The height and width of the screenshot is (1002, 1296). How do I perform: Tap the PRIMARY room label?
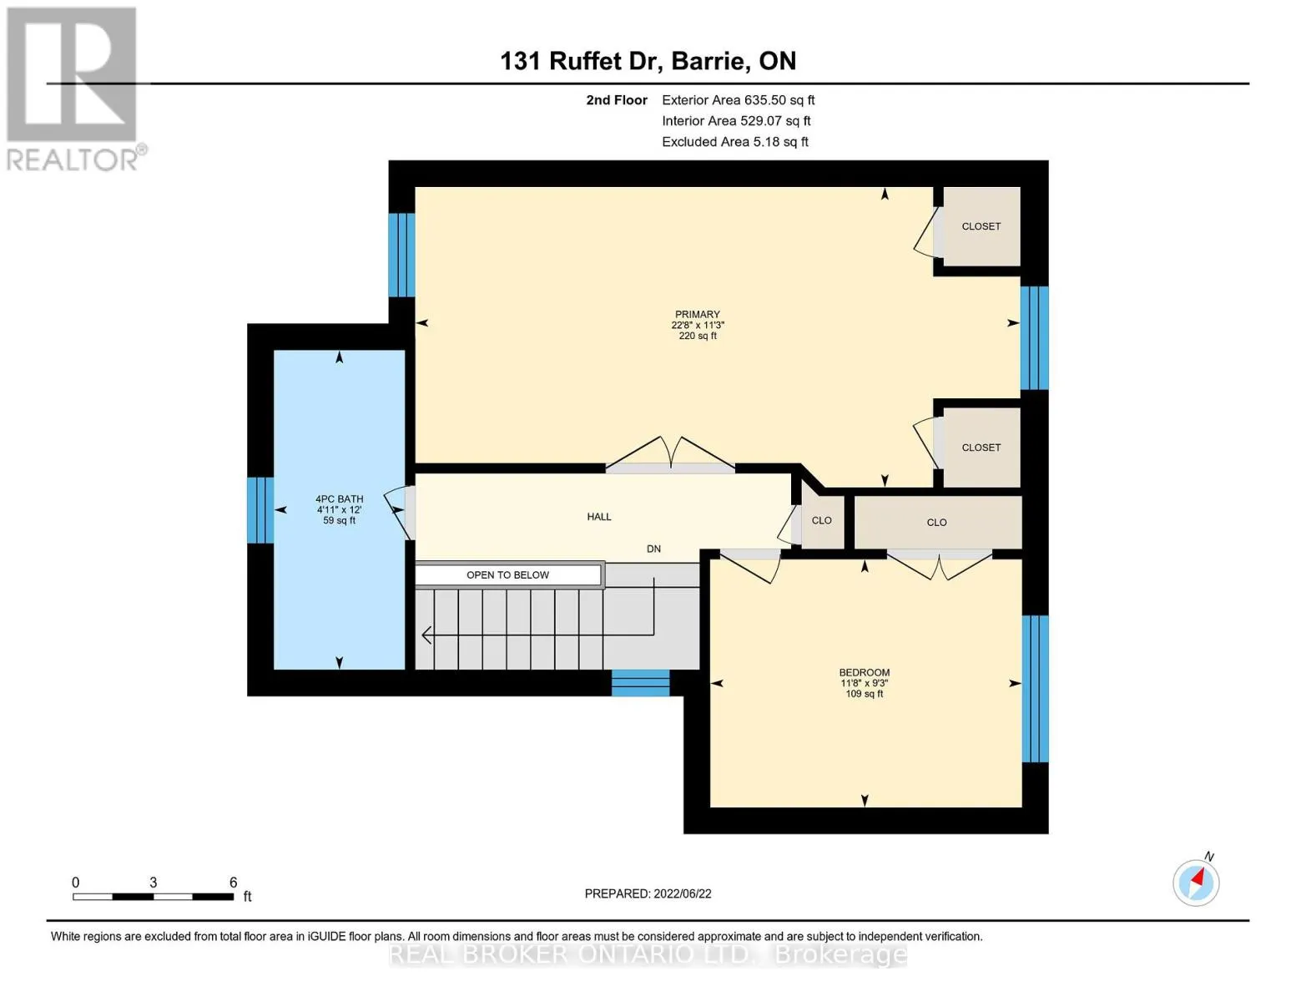pos(697,314)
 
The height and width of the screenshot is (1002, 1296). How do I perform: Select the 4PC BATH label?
pos(339,498)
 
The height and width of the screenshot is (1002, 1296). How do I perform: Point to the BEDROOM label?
pos(865,672)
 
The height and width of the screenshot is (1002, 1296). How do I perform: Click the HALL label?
pos(599,517)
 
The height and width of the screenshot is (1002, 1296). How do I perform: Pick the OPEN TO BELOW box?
pos(507,574)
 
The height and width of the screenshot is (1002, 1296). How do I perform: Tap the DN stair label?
pos(653,549)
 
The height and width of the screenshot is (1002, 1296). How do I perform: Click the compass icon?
pos(1196,883)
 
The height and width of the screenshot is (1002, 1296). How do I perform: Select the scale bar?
pos(154,896)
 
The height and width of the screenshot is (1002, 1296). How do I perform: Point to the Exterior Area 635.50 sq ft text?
pos(738,100)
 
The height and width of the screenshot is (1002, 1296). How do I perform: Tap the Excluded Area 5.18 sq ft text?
pos(734,142)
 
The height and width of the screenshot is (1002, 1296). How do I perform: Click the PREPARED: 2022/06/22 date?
pos(648,893)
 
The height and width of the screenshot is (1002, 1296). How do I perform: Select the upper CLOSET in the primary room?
pos(981,226)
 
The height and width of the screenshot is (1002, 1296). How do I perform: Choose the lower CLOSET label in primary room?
pos(981,448)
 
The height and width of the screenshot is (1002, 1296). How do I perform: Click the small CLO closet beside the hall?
pos(822,520)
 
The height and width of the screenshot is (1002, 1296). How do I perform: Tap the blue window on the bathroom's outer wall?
pos(260,509)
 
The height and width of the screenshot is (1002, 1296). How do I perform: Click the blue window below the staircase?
pos(640,683)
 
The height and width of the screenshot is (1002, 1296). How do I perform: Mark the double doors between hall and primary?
pos(670,453)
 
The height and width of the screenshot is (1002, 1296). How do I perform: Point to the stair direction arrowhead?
pos(426,635)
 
